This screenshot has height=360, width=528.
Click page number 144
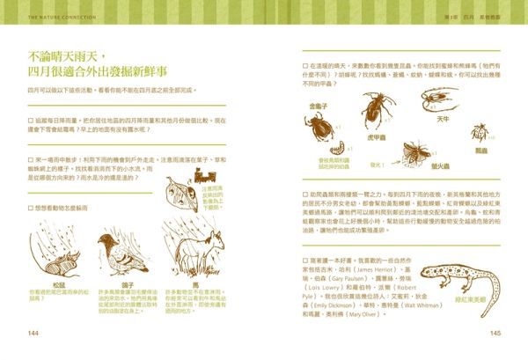[34, 333]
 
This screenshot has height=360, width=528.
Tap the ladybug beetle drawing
[480, 133]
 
